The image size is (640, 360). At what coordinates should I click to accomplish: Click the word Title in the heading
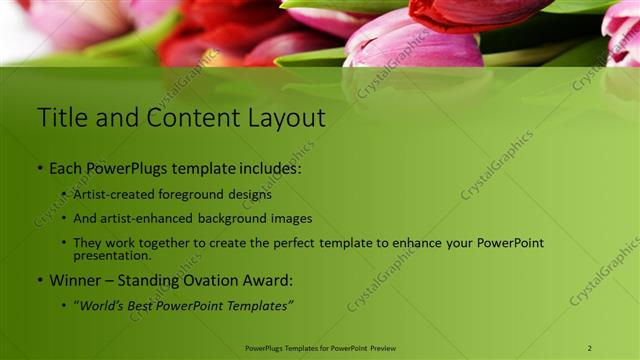pyautogui.click(x=61, y=118)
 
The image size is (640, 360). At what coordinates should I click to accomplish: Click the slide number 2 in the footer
pyautogui.click(x=589, y=348)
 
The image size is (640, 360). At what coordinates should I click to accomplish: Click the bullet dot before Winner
pyautogui.click(x=40, y=281)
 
